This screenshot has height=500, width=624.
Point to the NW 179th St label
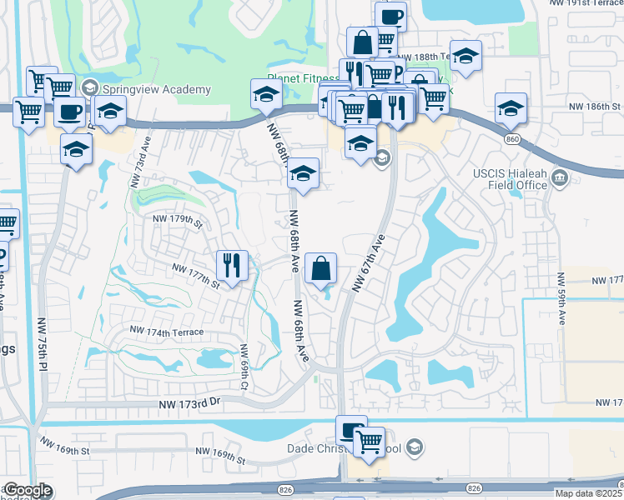pyautogui.click(x=177, y=222)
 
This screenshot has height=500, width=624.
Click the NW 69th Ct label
pyautogui.click(x=244, y=367)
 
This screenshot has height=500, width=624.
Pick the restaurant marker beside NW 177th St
pyautogui.click(x=232, y=266)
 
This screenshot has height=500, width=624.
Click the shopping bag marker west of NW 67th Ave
pyautogui.click(x=321, y=268)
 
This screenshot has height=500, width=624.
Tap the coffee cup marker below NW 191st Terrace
pyautogui.click(x=390, y=16)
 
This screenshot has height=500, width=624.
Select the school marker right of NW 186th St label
pyautogui.click(x=511, y=107)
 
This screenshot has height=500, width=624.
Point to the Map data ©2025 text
pyautogui.click(x=588, y=493)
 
